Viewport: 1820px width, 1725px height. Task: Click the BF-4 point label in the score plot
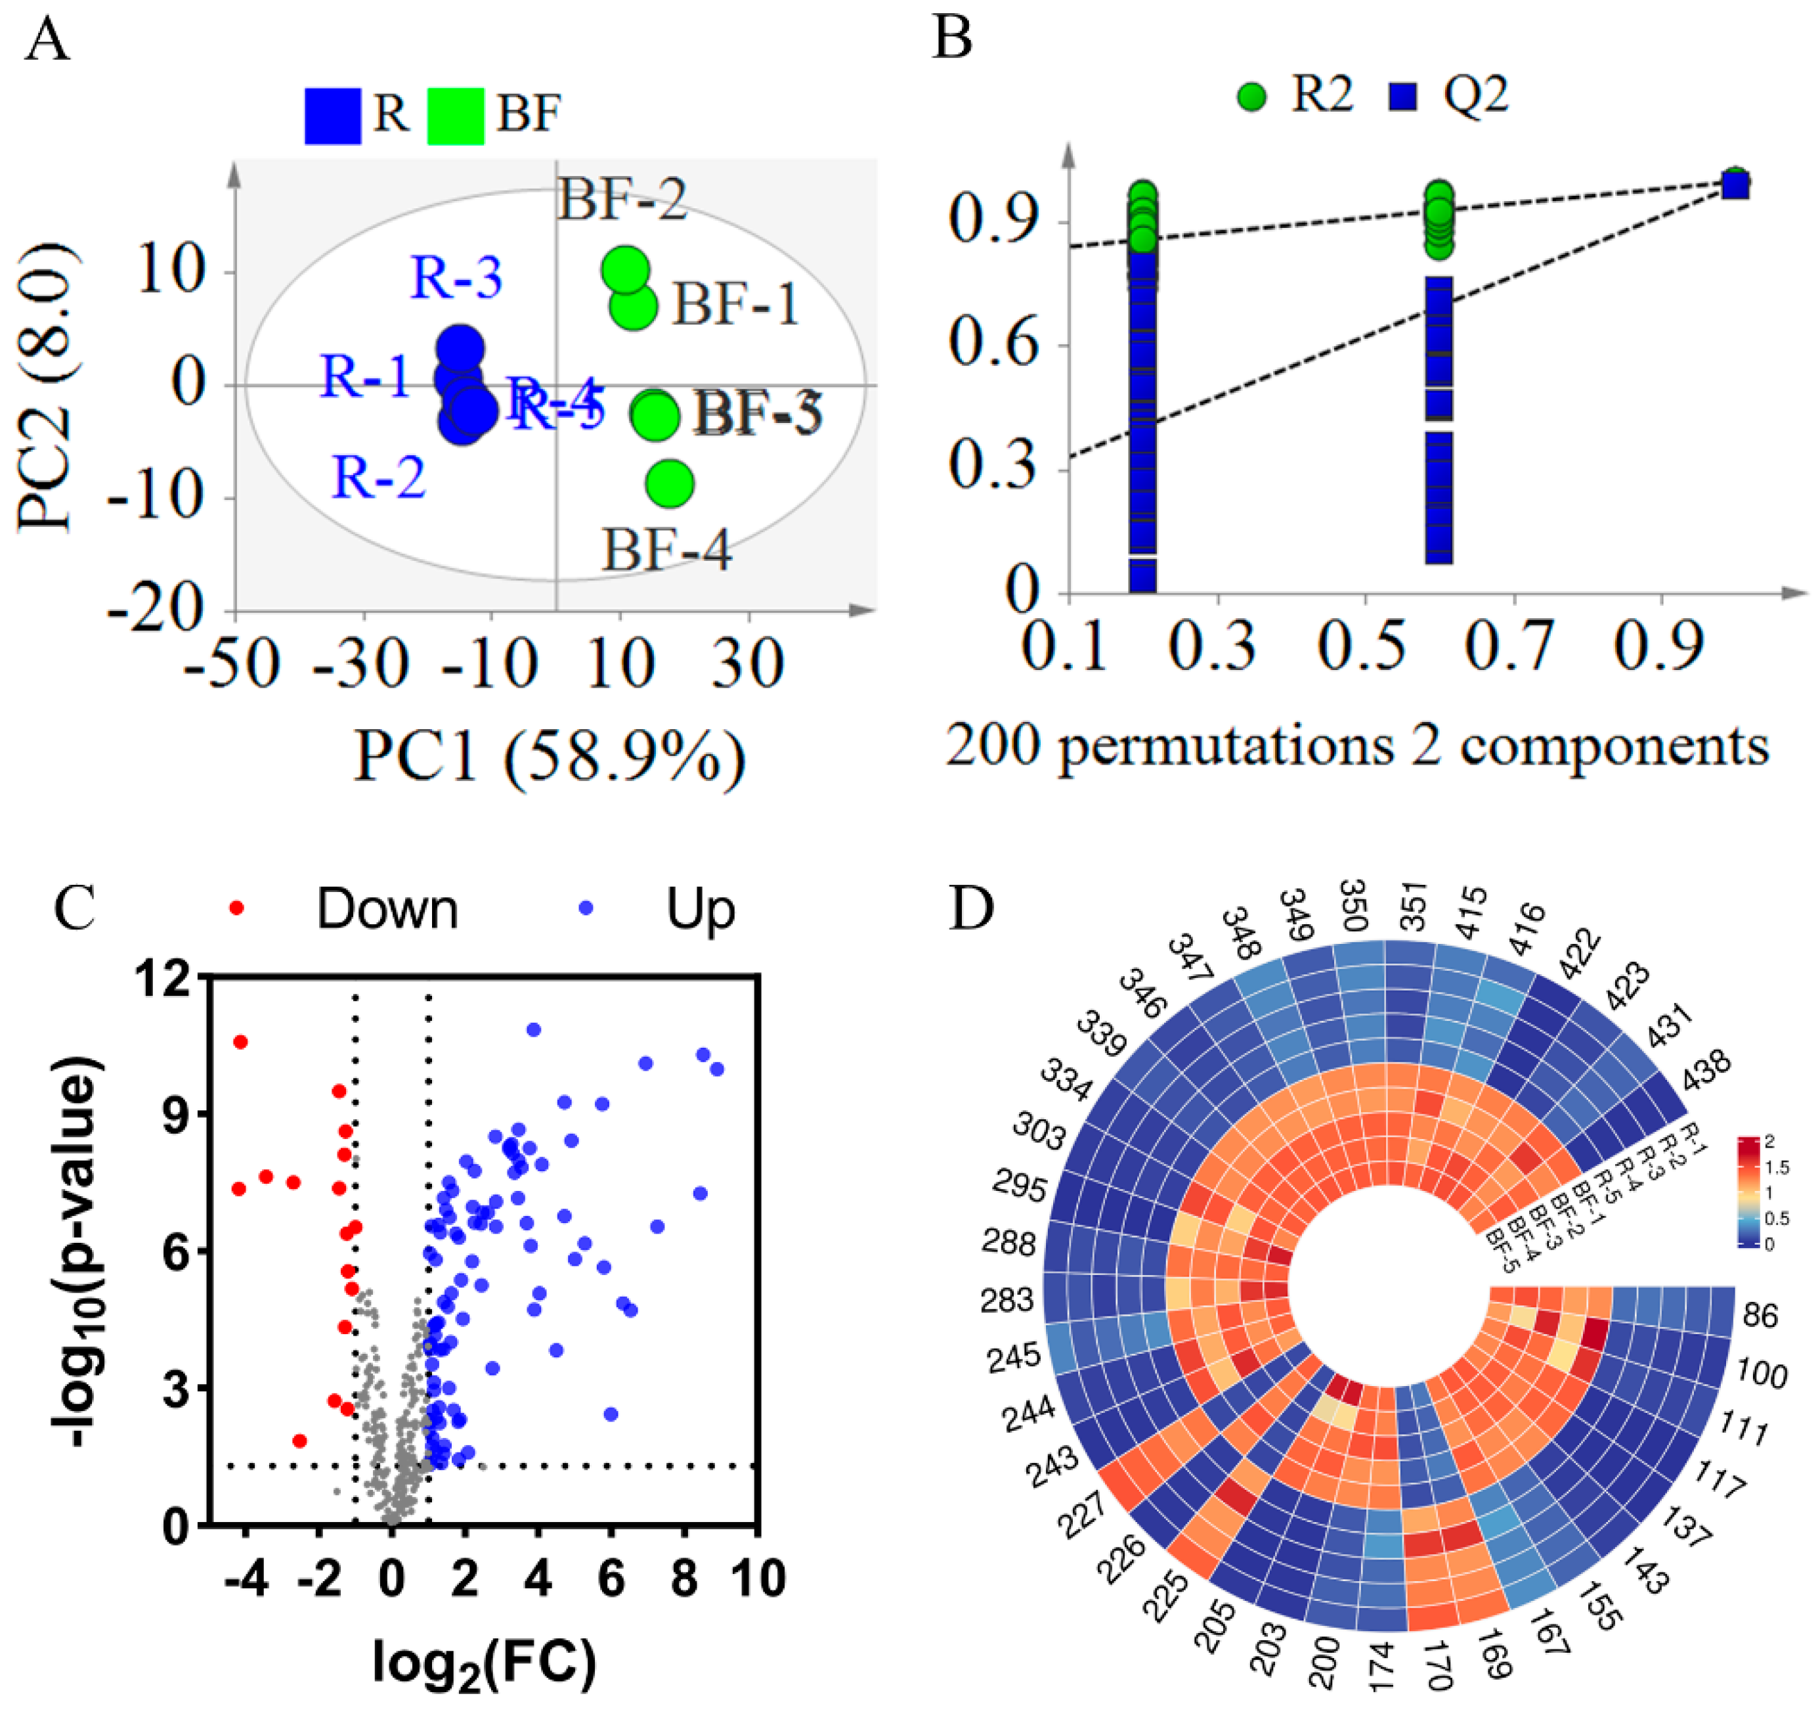666,550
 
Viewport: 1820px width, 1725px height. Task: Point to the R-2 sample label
379,477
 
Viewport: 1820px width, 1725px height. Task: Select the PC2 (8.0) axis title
46,386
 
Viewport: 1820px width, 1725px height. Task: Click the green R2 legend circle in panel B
1252,96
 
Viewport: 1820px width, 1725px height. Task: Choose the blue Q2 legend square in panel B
1402,96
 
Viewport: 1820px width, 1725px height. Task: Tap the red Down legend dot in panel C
236,908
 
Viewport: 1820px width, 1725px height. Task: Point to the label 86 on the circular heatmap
1760,1316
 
